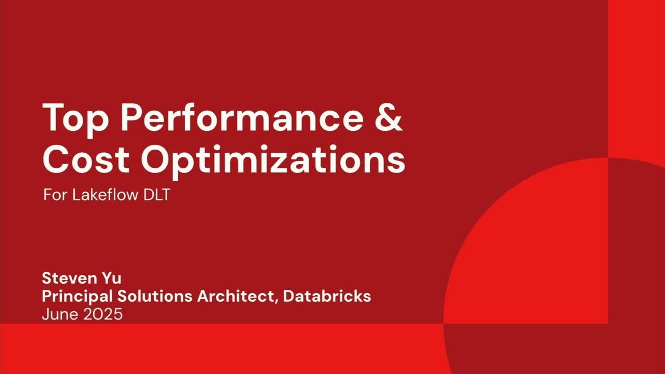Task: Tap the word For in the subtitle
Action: coord(54,196)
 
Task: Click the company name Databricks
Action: coord(327,296)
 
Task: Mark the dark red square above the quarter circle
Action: coord(636,78)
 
